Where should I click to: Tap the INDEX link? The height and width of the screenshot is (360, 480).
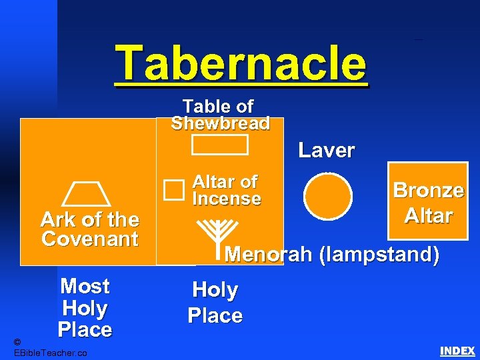click(457, 351)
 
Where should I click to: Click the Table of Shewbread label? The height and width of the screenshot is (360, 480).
click(220, 115)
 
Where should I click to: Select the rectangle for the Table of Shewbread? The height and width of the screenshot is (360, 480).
click(219, 145)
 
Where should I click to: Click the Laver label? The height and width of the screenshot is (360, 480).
click(326, 150)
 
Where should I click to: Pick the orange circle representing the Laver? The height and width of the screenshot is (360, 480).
click(327, 196)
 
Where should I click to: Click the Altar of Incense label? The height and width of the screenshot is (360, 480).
click(226, 190)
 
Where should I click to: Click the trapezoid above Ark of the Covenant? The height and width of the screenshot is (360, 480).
click(86, 195)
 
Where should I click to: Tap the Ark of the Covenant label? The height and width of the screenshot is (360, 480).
click(89, 229)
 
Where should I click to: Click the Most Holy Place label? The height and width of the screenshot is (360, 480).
click(85, 308)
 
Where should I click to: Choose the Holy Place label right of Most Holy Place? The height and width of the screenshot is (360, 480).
click(215, 303)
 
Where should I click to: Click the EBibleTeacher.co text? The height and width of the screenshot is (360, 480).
click(50, 352)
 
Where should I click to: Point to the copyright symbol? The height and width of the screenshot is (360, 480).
click(18, 341)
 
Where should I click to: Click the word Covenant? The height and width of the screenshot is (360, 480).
click(89, 239)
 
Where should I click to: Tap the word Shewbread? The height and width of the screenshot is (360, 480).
click(220, 123)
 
